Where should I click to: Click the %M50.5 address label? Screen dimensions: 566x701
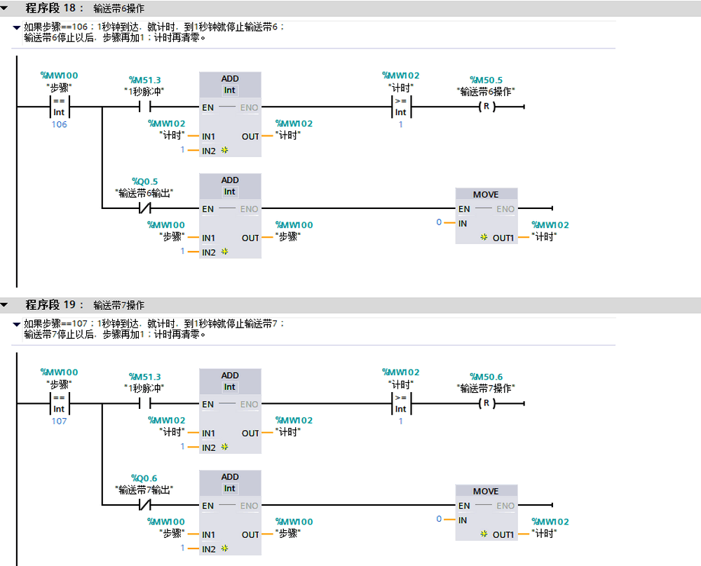tap(486, 80)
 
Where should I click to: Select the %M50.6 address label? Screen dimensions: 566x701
tap(486, 377)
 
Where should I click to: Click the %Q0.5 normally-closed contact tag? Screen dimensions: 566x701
tap(145, 181)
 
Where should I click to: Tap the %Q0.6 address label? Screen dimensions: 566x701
tap(145, 478)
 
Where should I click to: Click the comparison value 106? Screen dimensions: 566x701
tap(60, 124)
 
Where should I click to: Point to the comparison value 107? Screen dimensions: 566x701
tap(60, 421)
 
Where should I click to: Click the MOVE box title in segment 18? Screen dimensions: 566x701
tap(486, 194)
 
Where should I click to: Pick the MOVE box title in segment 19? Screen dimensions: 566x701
tap(486, 491)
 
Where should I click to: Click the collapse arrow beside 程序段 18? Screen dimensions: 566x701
tap(6, 8)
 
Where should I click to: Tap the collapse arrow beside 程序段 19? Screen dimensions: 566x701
tap(6, 305)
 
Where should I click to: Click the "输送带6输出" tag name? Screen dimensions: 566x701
tap(144, 192)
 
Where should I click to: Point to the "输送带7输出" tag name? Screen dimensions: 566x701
tap(144, 490)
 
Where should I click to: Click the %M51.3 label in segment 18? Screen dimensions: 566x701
tap(144, 80)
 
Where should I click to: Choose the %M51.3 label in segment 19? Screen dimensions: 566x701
tap(144, 377)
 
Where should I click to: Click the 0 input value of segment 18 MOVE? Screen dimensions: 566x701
tap(439, 222)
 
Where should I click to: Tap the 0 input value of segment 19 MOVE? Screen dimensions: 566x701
tap(439, 519)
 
